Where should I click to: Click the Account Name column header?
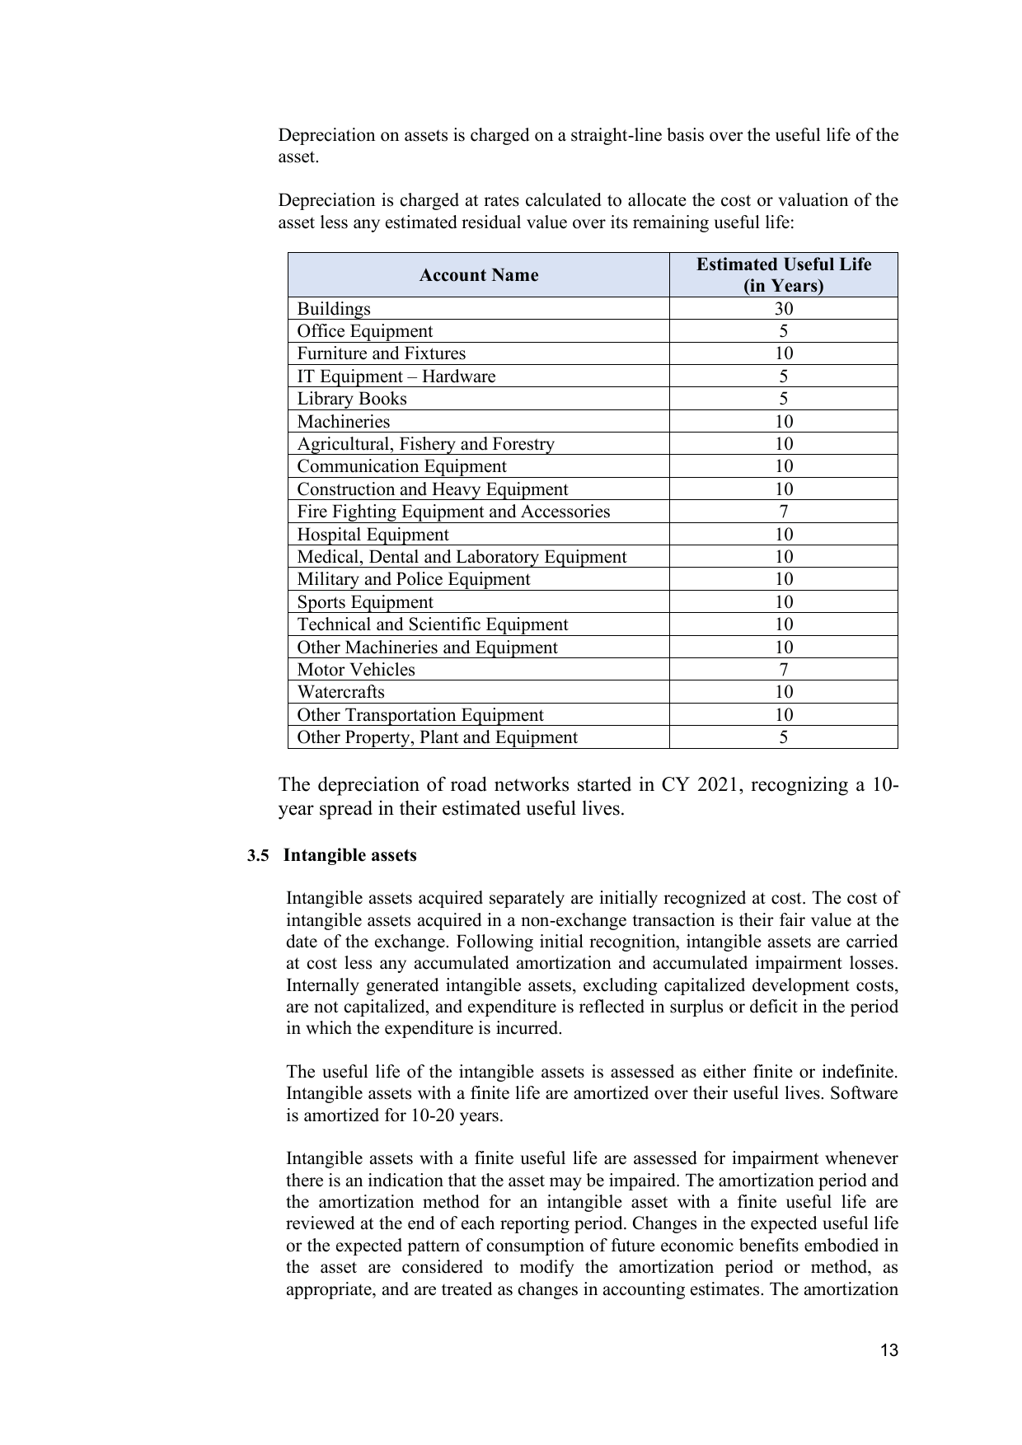478,275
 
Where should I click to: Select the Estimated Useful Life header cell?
783,275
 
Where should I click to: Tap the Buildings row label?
334,309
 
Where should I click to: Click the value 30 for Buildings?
783,309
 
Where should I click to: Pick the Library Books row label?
352,399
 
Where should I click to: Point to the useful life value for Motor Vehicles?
783,670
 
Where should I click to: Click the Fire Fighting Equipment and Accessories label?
453,512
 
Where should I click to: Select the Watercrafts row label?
340,692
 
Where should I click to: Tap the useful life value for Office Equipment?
783,331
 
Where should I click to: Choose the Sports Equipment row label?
364,602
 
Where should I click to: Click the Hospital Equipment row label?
373,535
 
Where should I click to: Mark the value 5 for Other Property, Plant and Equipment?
783,737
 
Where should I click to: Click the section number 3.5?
258,855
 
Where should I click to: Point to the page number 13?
888,1350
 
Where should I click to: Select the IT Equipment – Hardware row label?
396,376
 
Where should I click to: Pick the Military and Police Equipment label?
413,579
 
